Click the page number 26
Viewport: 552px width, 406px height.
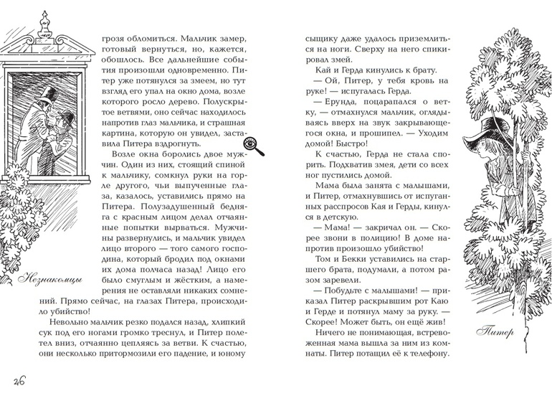[x=16, y=381]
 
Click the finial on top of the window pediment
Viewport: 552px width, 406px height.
[x=44, y=25]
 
